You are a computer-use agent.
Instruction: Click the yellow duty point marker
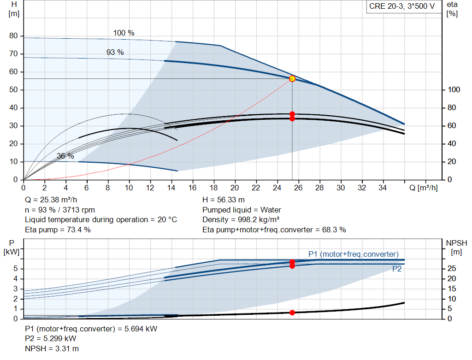[292, 79]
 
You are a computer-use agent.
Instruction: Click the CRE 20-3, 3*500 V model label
[401, 6]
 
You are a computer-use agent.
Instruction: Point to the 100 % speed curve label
[124, 33]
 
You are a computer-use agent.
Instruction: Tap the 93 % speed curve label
[115, 53]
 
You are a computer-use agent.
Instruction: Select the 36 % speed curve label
[65, 156]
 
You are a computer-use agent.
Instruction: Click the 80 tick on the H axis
[13, 36]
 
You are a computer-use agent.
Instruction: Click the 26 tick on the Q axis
[298, 188]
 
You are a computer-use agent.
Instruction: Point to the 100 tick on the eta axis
[454, 90]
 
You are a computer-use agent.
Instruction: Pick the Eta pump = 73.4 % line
[58, 229]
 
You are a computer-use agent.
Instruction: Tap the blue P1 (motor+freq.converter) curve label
[353, 254]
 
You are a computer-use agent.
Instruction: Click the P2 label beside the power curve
[397, 269]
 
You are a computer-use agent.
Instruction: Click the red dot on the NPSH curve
[292, 313]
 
